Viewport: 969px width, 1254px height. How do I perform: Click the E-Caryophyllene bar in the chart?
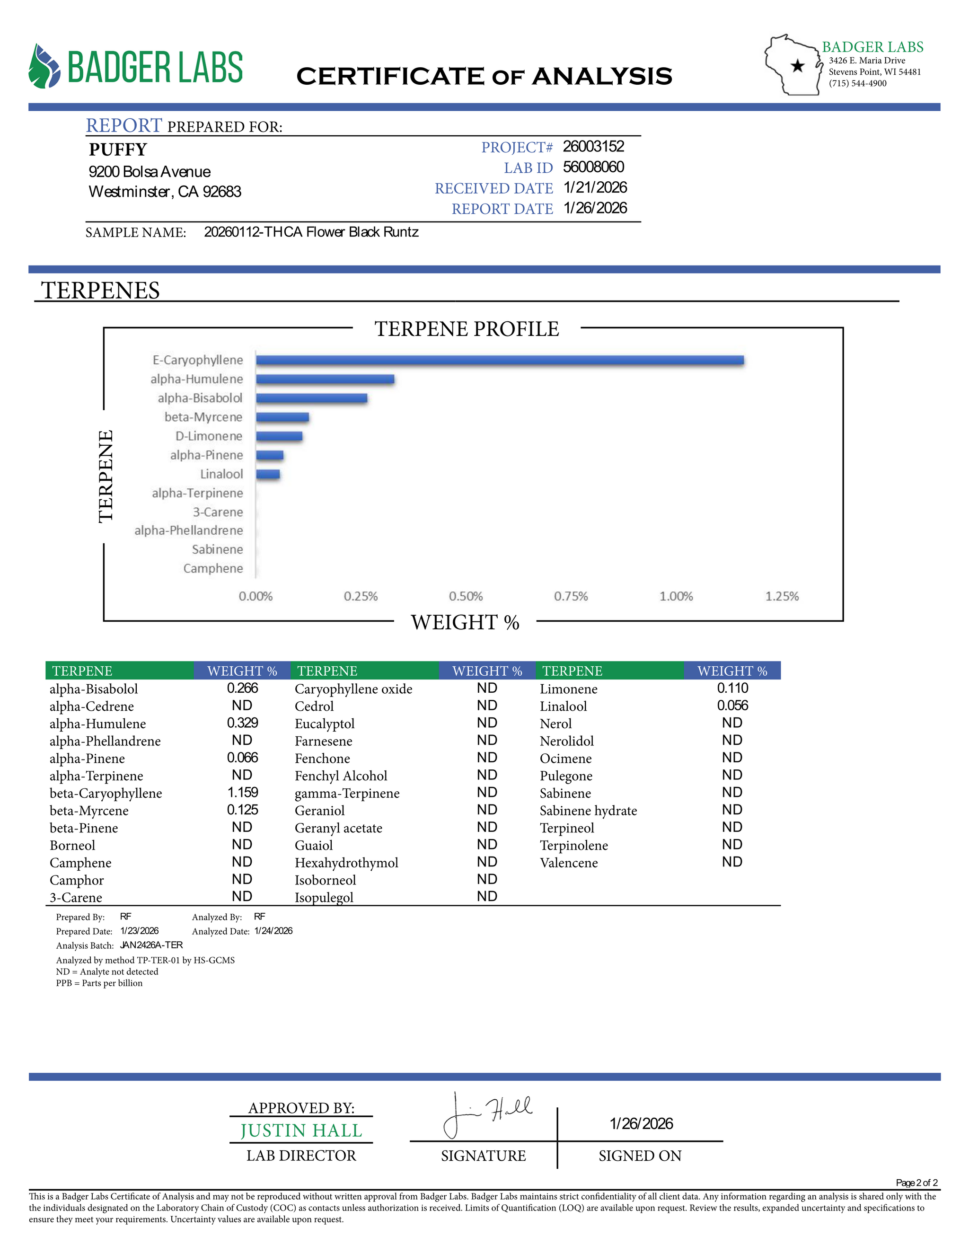(x=500, y=360)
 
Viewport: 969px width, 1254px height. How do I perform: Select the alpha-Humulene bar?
(x=325, y=379)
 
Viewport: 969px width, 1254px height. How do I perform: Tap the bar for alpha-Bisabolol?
(x=312, y=398)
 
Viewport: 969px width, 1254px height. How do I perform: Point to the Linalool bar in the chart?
(x=268, y=474)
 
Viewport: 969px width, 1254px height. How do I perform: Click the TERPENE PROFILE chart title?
(x=467, y=329)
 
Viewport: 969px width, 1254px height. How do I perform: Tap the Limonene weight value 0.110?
(x=732, y=689)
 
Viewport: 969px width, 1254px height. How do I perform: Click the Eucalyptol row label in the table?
(x=324, y=724)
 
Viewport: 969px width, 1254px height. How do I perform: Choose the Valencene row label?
(x=568, y=863)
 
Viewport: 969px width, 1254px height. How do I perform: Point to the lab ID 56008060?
(x=593, y=167)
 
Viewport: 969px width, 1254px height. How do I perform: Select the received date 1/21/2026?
(x=595, y=188)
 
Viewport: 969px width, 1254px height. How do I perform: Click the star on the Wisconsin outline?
(x=797, y=66)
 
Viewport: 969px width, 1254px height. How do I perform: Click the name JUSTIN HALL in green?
(x=301, y=1130)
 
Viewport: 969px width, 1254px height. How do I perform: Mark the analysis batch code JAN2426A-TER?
(x=151, y=945)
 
